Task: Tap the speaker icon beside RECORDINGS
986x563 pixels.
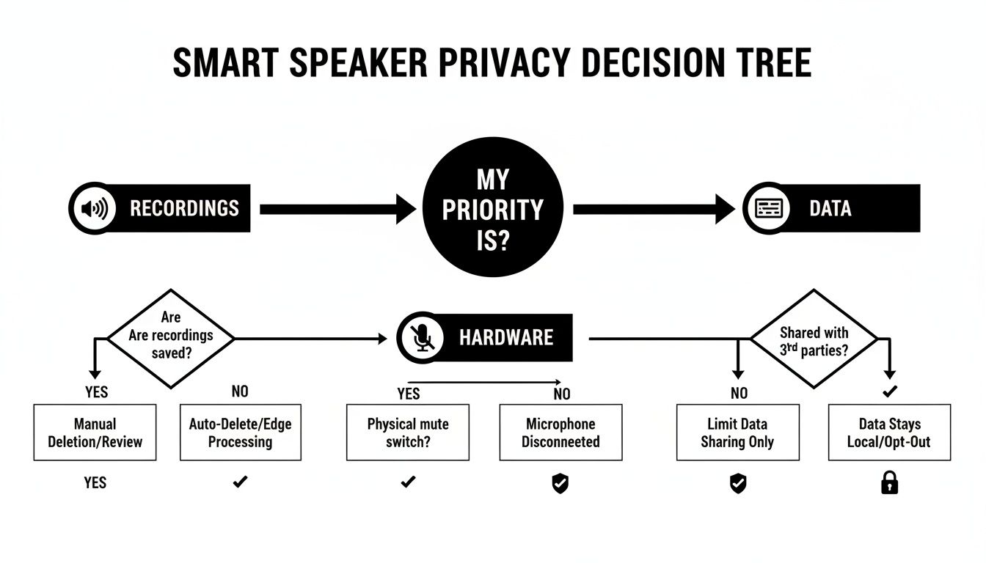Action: point(94,208)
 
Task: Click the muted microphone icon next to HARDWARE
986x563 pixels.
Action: point(422,337)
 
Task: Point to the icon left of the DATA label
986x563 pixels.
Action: point(768,208)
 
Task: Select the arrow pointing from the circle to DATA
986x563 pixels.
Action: point(653,209)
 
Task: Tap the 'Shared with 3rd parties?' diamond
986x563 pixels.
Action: point(814,339)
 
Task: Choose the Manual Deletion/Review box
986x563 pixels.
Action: point(95,433)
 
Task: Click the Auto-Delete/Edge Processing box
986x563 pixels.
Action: point(240,433)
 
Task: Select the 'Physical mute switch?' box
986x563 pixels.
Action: point(407,433)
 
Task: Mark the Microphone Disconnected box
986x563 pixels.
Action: point(560,433)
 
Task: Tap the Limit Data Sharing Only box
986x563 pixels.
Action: point(737,433)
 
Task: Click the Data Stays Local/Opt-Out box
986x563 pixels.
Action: point(889,433)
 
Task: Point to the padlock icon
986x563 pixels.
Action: point(889,482)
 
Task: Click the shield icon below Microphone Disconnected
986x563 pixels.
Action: point(560,483)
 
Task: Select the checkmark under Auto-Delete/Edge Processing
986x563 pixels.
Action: point(240,482)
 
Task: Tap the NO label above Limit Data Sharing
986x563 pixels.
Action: point(739,394)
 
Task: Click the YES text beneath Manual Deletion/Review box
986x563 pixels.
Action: point(95,482)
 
